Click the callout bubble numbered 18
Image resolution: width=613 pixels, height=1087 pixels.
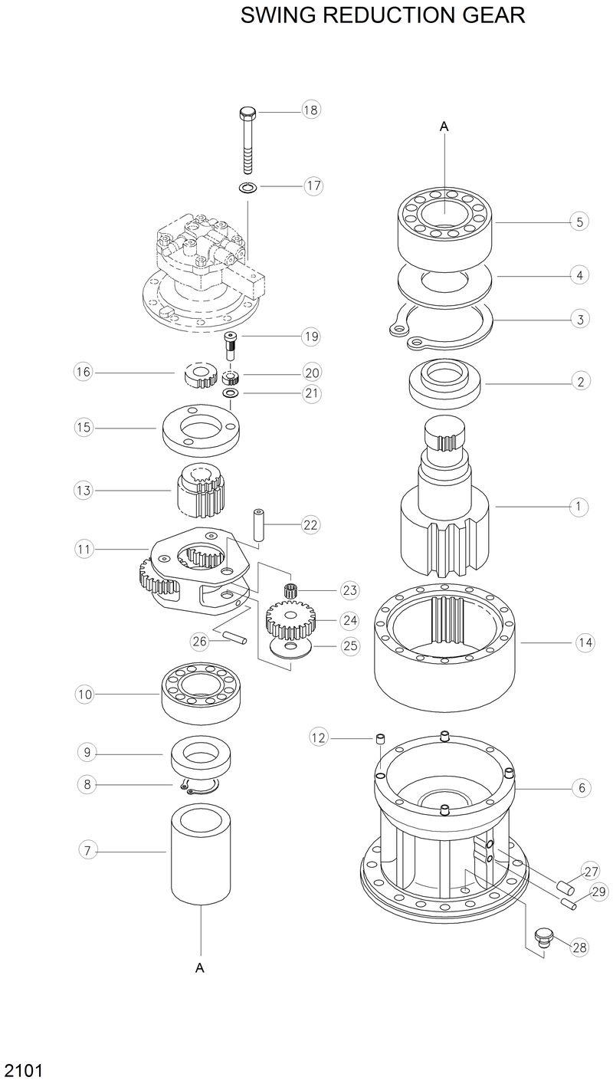pos(310,110)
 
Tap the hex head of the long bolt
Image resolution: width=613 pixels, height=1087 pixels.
pos(247,114)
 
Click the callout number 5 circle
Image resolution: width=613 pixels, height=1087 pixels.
pos(580,222)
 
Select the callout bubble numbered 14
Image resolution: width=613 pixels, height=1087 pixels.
pos(585,643)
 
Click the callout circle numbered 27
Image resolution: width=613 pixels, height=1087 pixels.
pos(591,872)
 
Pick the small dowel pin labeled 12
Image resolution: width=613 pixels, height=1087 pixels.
pos(379,739)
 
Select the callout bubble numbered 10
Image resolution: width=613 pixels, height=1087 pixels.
pos(84,695)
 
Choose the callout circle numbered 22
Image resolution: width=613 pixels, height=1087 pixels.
pos(310,525)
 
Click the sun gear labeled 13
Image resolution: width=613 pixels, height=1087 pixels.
pos(200,490)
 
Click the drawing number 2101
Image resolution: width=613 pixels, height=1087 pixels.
pos(23,1070)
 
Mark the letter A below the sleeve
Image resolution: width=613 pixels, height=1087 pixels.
pos(200,968)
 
